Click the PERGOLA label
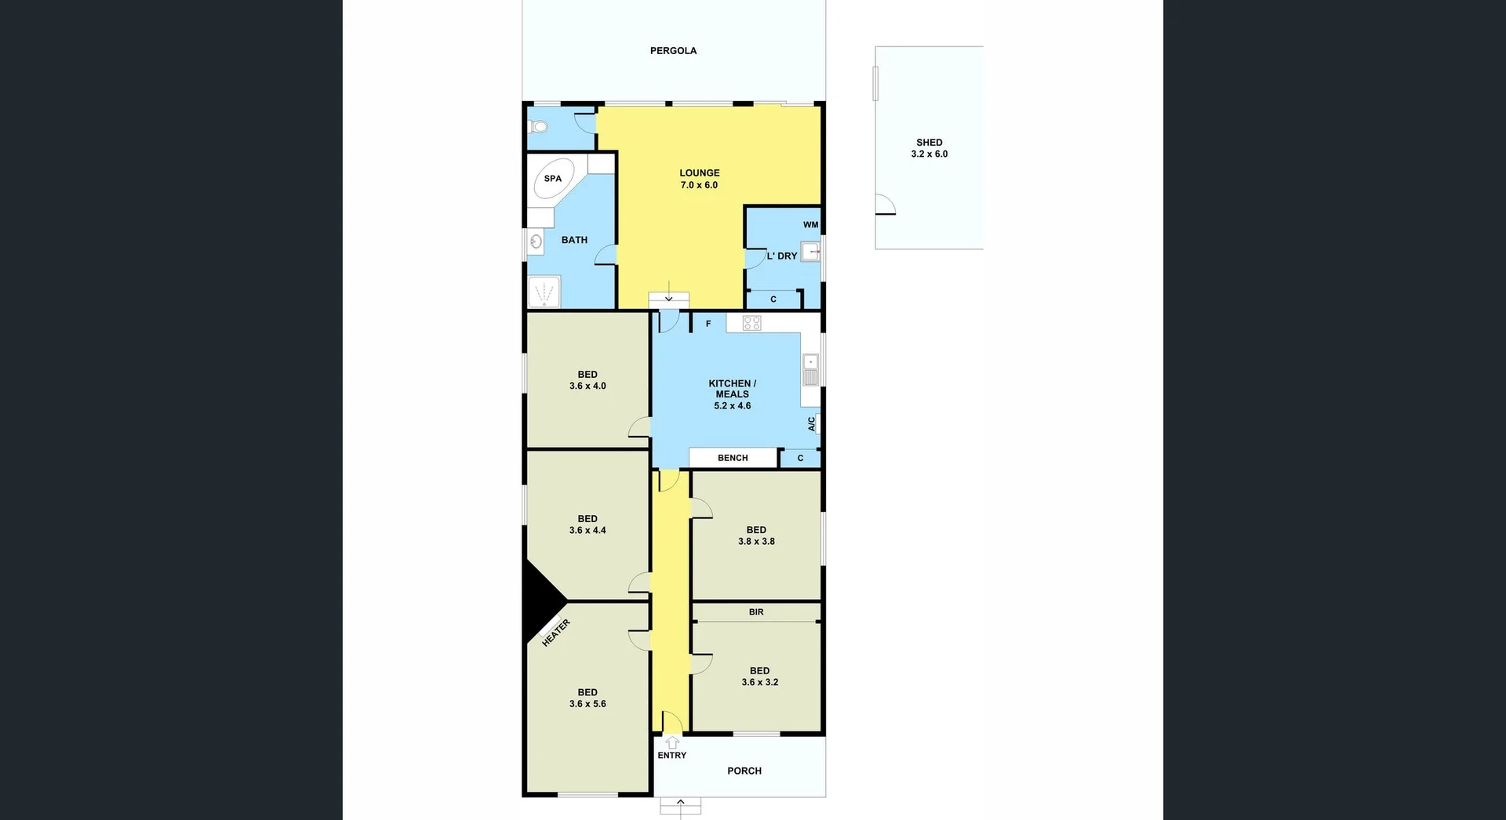[673, 51]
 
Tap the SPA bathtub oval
[553, 180]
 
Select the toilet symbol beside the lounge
[538, 126]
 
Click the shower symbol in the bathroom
[544, 292]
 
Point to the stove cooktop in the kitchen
[751, 322]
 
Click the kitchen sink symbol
[810, 368]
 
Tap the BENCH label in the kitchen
[733, 458]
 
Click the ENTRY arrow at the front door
[672, 742]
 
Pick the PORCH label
[744, 771]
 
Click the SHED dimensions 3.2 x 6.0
[929, 154]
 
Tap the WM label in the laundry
[810, 225]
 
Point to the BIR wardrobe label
[756, 612]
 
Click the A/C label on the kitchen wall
[812, 423]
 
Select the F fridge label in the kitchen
[708, 324]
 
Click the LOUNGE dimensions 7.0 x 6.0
[699, 185]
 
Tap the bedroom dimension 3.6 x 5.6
[587, 704]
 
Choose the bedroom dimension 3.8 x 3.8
[756, 541]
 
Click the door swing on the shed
[886, 205]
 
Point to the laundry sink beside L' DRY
[810, 252]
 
